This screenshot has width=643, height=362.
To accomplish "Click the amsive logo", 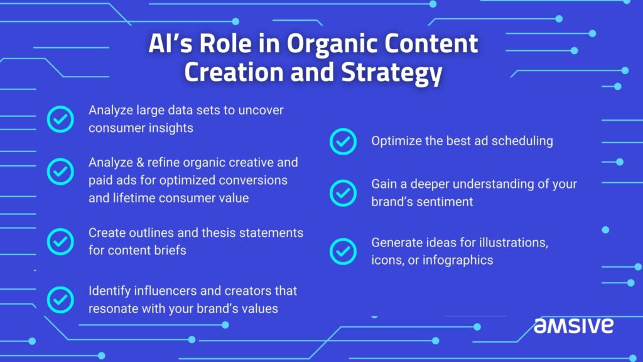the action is point(573,326).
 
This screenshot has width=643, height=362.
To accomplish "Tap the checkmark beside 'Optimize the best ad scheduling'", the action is point(343,141).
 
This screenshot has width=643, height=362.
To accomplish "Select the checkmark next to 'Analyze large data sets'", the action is point(60,119).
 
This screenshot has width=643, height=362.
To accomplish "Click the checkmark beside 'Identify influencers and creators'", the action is point(60,300).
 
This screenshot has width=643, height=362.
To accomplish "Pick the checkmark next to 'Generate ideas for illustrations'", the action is point(343,251).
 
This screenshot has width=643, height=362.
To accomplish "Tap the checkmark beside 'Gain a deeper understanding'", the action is point(343,193).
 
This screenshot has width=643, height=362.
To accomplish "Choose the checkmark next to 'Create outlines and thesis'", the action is point(60,241).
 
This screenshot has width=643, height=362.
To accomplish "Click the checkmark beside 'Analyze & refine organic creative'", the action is point(60,171).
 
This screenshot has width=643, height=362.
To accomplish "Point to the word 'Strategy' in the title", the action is point(392,74).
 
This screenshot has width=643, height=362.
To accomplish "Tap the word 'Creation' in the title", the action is point(233,72).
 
